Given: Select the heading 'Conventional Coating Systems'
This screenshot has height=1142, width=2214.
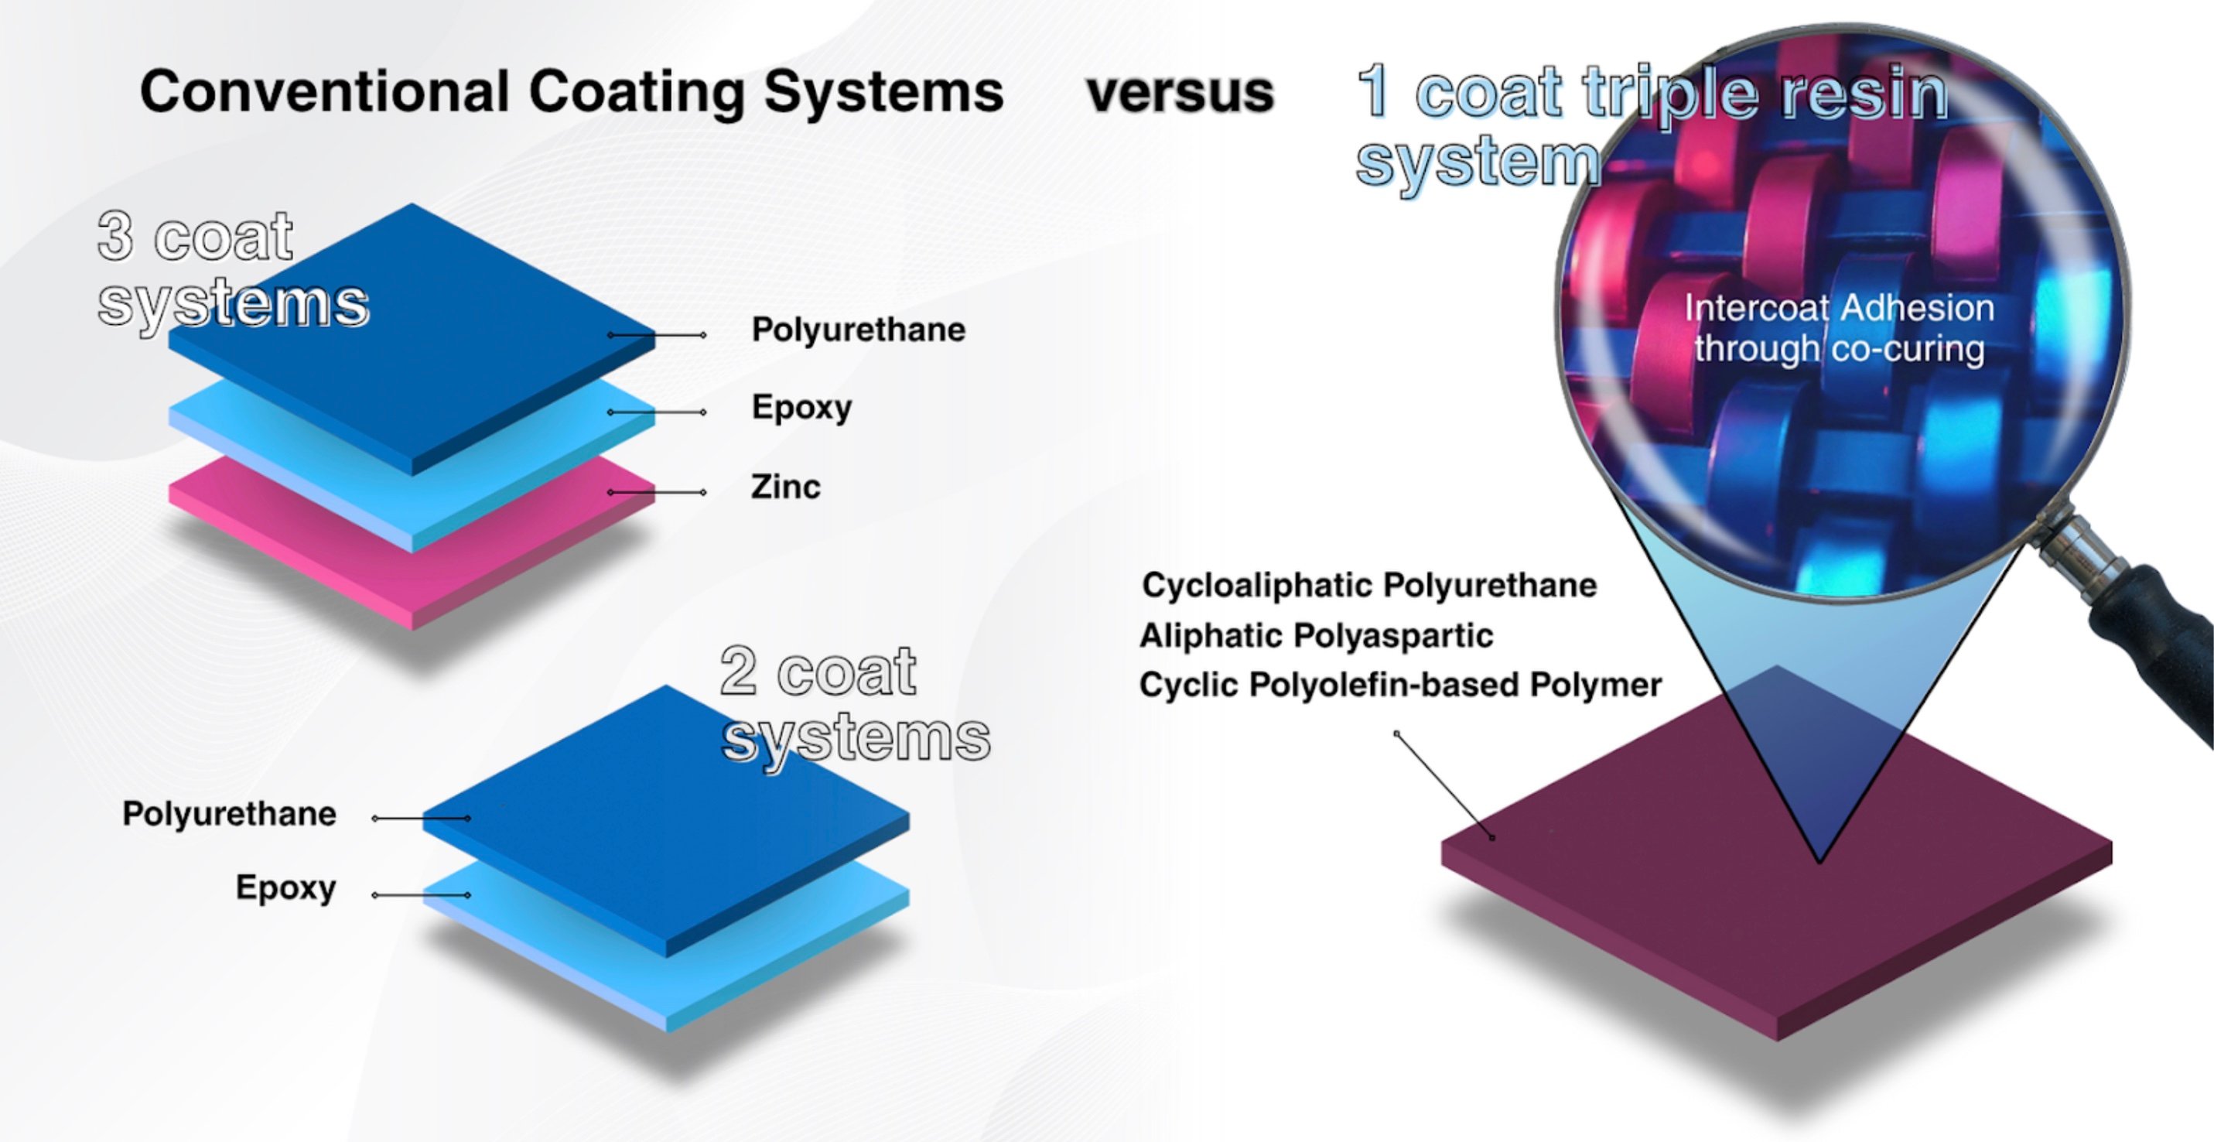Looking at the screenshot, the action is point(572,92).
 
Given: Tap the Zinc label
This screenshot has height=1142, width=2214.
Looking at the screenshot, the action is point(785,487).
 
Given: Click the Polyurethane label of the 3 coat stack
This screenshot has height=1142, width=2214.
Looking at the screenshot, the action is point(859,330).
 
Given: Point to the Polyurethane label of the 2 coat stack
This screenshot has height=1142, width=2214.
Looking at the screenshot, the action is point(230,814).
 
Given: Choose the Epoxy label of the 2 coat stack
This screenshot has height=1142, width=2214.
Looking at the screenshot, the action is point(286,888).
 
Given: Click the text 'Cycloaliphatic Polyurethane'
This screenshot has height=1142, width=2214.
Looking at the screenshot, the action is point(1369,586).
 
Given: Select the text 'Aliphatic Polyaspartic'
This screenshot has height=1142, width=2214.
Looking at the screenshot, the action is point(1316,636).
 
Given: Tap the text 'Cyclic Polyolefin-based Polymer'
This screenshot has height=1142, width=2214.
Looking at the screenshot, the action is point(1400,686).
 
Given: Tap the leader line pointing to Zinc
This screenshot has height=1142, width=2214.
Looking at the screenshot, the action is point(657,492).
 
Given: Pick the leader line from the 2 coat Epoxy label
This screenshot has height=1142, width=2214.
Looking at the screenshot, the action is point(421,895).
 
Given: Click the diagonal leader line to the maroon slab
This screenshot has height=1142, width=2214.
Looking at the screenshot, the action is point(1445,785).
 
